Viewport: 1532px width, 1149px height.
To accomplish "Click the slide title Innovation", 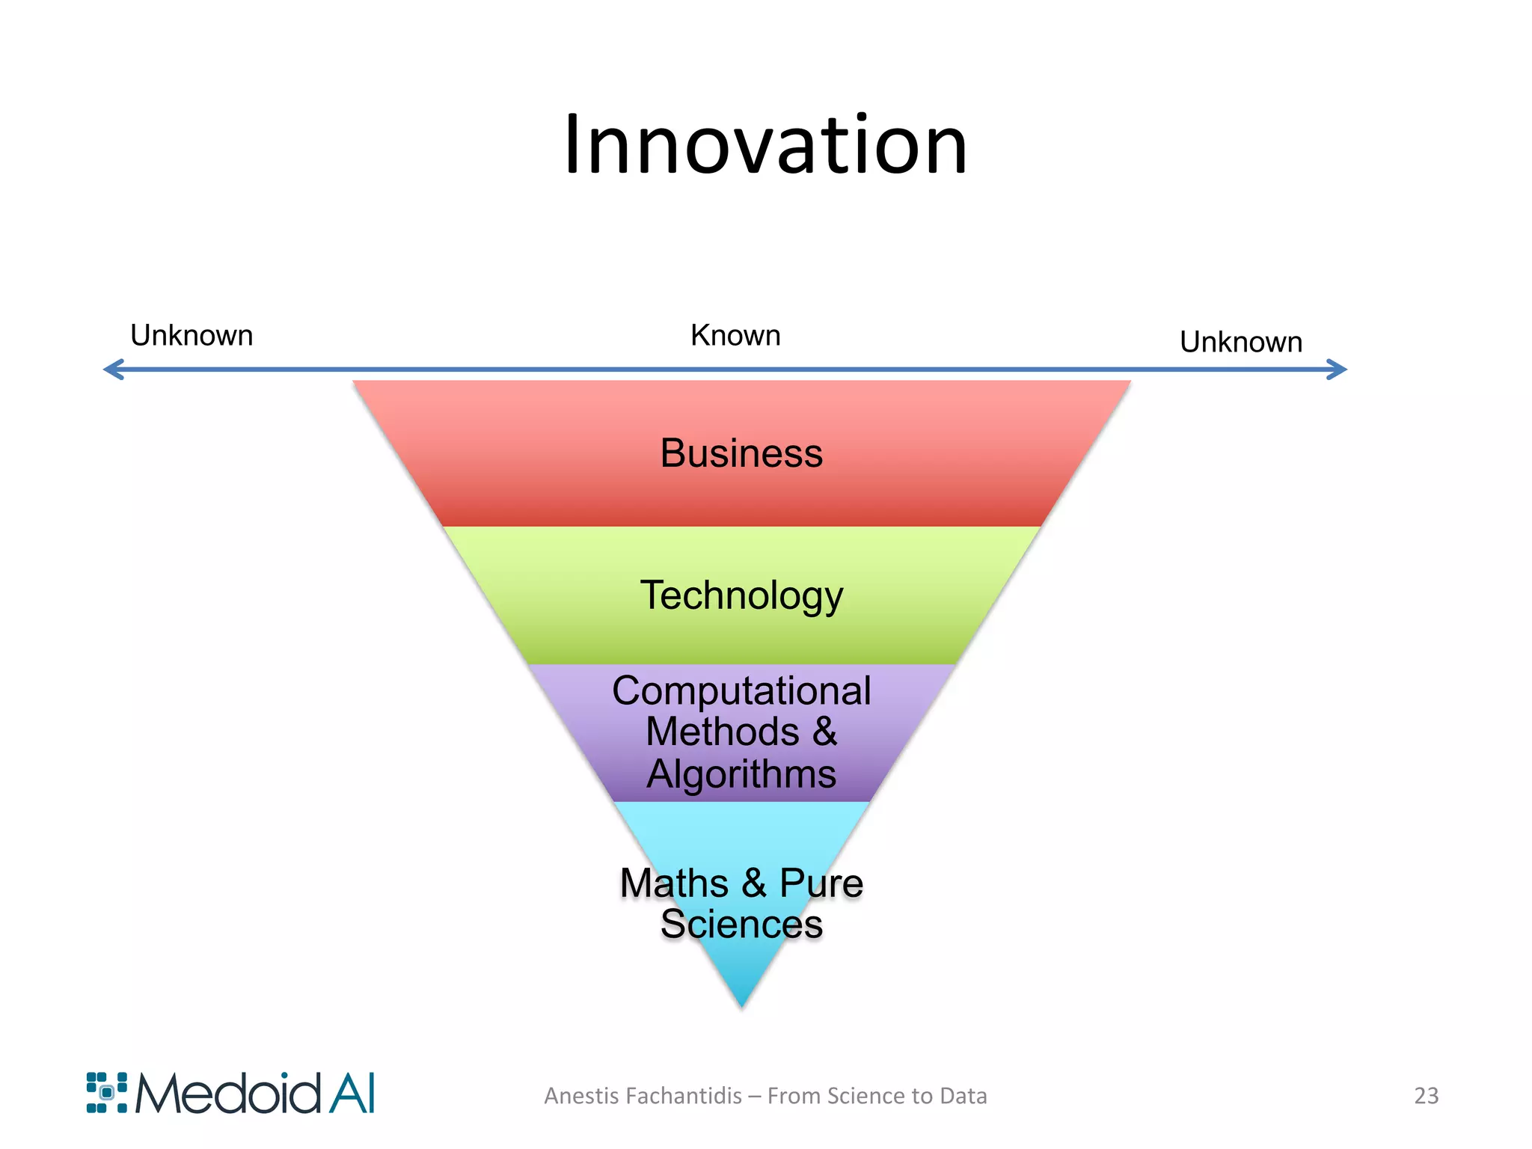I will (x=765, y=145).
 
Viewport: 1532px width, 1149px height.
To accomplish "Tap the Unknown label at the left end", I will (x=191, y=336).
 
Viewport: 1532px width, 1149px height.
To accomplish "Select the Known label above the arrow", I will (x=735, y=336).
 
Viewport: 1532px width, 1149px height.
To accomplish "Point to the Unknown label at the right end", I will (x=1241, y=343).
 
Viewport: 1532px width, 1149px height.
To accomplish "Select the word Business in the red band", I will (x=741, y=453).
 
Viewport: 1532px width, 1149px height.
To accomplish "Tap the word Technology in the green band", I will (x=741, y=596).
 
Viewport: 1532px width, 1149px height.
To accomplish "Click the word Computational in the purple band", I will (x=741, y=690).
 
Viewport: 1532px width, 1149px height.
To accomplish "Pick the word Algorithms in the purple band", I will (x=741, y=773).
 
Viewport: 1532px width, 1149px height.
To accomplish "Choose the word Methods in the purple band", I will (x=722, y=732).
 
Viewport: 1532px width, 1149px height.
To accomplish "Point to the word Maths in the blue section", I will (x=674, y=883).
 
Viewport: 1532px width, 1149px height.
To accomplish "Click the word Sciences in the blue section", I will (x=741, y=925).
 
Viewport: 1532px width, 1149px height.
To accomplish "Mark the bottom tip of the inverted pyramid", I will (x=742, y=1005).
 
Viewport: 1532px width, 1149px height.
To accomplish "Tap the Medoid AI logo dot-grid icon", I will (x=107, y=1093).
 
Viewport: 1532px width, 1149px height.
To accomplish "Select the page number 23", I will (x=1426, y=1096).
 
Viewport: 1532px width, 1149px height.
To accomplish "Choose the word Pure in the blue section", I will (x=821, y=883).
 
